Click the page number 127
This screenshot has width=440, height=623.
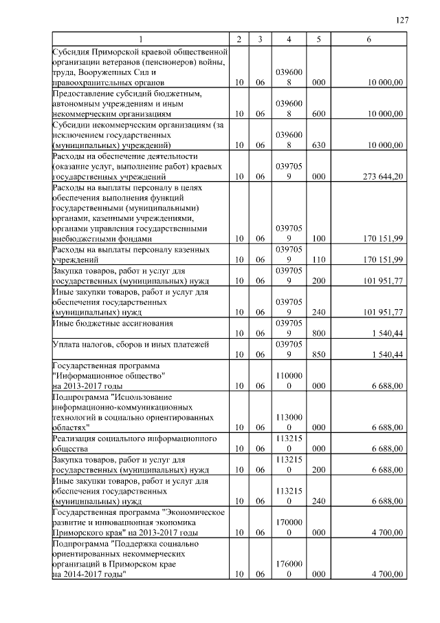point(404,20)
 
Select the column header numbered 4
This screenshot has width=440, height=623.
point(289,39)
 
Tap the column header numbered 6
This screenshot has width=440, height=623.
point(369,39)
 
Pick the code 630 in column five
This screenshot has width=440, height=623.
point(318,145)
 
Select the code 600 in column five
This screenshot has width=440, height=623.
point(318,114)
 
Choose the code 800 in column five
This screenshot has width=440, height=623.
point(318,334)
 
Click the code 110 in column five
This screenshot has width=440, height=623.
point(318,260)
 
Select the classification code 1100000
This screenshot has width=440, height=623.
point(289,381)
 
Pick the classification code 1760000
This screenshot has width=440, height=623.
point(289,569)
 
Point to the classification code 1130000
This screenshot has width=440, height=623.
point(289,423)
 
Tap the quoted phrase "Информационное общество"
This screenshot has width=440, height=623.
point(109,376)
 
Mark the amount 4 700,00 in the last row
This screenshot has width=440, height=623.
point(386,574)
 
